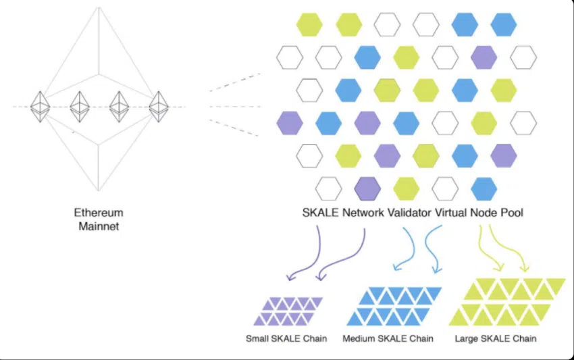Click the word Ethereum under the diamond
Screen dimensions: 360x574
[x=99, y=213]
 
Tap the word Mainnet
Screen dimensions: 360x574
[x=99, y=226]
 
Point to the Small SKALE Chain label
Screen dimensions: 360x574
[x=286, y=338]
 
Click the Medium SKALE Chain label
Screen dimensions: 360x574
[x=388, y=338]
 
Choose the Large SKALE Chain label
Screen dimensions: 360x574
[x=496, y=338]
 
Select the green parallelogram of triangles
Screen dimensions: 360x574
[x=506, y=302]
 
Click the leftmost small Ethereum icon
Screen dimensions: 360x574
[x=41, y=106]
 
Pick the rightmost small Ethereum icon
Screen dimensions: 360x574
[x=159, y=106]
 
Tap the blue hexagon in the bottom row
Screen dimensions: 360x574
[x=484, y=187]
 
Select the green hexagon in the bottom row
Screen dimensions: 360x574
[x=406, y=187]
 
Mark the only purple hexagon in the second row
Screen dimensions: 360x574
[x=484, y=57]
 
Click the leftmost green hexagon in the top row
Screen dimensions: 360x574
[x=309, y=25]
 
